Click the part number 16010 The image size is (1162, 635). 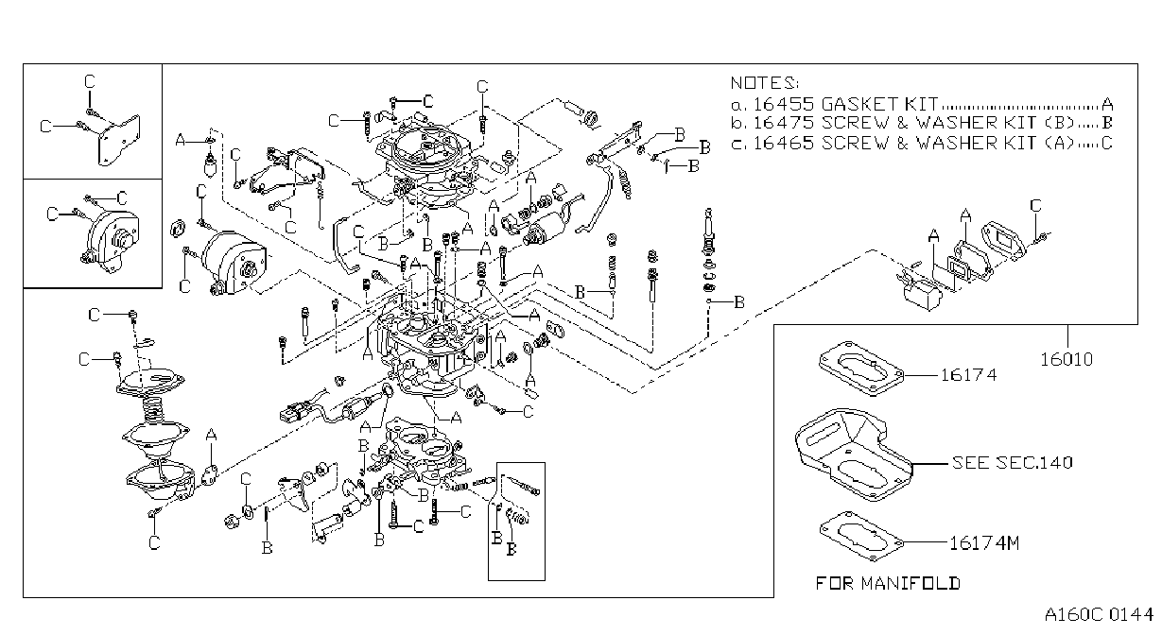1067,360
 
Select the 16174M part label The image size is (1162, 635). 984,543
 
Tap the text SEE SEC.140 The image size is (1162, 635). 1012,462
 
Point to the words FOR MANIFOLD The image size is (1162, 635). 888,584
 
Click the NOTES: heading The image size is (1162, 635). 765,83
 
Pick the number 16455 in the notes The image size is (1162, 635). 783,104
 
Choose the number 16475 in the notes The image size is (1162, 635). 783,124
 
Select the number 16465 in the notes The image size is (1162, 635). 783,143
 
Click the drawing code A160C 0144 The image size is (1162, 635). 1099,615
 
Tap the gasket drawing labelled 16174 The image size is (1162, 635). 861,369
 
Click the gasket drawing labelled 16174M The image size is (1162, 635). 861,536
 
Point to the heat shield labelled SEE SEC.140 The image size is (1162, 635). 854,455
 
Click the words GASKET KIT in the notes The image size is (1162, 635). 880,104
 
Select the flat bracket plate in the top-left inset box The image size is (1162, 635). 119,141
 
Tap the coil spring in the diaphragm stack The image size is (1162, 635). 154,409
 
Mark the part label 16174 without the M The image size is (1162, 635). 968,375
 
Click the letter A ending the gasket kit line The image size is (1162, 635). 1107,105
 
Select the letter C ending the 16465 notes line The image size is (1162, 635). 1106,143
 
